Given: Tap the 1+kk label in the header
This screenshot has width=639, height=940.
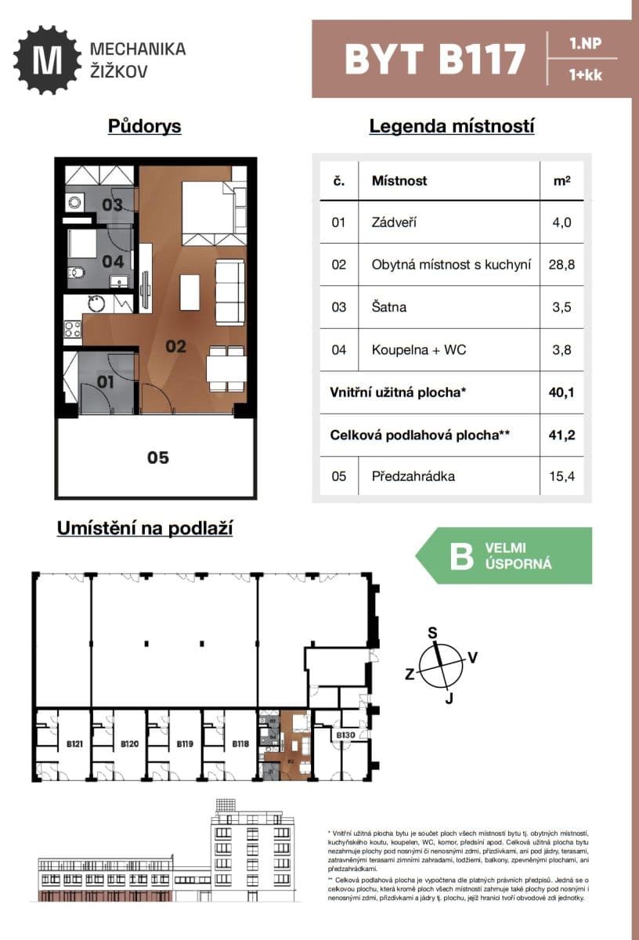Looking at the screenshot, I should (x=586, y=76).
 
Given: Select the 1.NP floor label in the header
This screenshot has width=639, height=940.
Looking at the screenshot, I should (x=586, y=43).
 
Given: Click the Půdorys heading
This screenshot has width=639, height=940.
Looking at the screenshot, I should (x=145, y=126).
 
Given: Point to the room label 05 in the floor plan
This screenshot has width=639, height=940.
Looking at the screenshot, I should (x=158, y=457).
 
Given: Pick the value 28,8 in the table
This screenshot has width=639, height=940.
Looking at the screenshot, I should (x=561, y=265).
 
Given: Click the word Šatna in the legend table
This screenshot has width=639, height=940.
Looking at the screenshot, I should (x=389, y=307).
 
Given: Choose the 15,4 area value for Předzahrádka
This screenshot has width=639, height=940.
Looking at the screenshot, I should (x=561, y=475).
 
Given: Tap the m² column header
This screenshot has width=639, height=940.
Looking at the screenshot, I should (x=561, y=181).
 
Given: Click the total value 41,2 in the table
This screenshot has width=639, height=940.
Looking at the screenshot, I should (x=561, y=433).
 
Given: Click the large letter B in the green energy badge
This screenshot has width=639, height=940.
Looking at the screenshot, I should (x=459, y=555).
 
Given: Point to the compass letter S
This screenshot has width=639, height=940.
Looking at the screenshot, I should (x=431, y=633).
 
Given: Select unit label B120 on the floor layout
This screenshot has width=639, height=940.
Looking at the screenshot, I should (x=129, y=744).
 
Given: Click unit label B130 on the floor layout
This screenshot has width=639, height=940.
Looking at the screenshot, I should (x=345, y=735).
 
